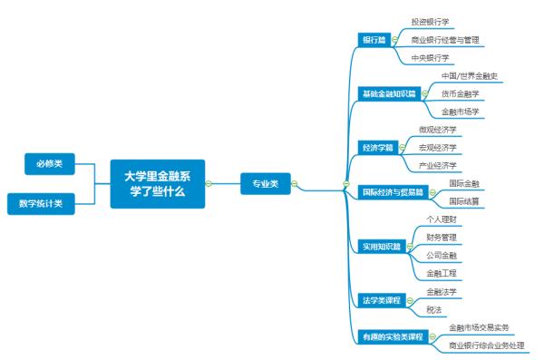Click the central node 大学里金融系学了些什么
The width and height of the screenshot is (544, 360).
158,184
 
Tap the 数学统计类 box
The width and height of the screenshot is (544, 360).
41,203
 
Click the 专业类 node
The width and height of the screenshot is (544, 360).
265,184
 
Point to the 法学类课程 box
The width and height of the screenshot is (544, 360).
381,300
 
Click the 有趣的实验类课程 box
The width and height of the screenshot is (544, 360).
393,336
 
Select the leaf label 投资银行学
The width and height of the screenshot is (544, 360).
431,22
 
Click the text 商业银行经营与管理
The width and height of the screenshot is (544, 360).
445,40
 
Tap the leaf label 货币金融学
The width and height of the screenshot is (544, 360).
460,93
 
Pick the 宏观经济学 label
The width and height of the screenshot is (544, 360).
438,147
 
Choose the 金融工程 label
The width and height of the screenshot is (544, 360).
441,273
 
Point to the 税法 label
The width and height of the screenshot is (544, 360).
433,309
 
